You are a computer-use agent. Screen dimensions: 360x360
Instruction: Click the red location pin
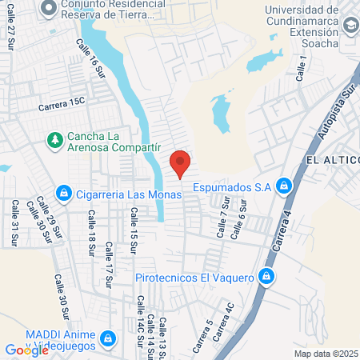[x=180, y=162]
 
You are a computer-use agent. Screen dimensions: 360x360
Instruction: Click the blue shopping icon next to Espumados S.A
[x=282, y=186]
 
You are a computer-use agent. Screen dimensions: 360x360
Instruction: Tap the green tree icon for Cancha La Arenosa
[x=54, y=141]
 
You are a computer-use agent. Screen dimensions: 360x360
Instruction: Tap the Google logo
[x=26, y=350]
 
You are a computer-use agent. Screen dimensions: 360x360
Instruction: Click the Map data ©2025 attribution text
[x=324, y=354]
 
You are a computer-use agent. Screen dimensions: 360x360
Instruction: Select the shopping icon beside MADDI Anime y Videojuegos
[x=106, y=340]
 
